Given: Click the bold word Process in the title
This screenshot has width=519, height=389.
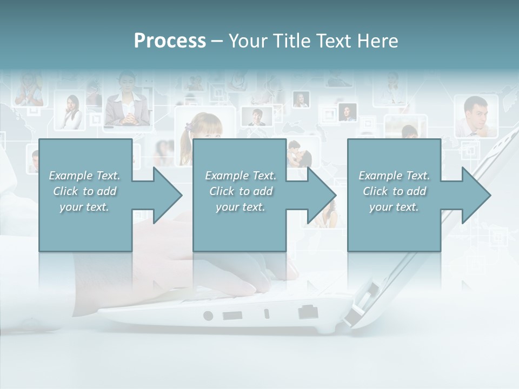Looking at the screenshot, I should pos(170,41).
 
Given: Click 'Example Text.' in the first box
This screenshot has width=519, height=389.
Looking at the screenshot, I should pos(84,176).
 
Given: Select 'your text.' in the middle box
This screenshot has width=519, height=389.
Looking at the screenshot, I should pos(240,207).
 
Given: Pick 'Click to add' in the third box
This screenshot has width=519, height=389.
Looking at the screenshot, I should pos(394,191).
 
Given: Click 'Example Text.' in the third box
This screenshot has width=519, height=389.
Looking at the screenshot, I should pos(394,176).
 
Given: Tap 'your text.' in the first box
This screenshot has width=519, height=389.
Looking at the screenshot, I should pos(84,207).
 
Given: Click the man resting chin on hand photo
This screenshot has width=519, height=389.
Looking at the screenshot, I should pos(475,116).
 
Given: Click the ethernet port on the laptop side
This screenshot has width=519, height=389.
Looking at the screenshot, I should pos(308,312).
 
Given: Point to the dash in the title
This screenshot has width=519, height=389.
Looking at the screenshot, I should pos(217,41).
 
